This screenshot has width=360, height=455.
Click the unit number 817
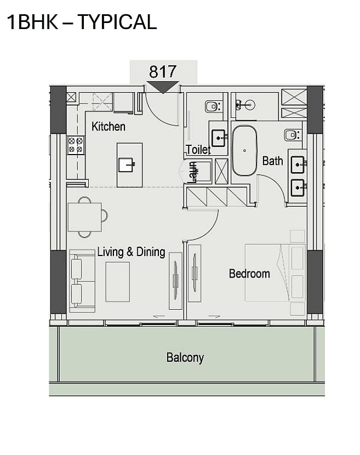click(163, 71)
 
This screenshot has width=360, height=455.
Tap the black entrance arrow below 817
click(163, 87)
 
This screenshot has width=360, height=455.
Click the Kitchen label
click(108, 127)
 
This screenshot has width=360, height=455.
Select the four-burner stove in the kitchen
click(76, 145)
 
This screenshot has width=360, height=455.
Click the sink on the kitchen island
click(127, 165)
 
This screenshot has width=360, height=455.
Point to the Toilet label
click(198, 150)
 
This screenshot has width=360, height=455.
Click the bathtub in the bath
click(244, 151)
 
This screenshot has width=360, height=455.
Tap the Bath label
click(272, 161)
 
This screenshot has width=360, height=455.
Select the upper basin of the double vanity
click(298, 165)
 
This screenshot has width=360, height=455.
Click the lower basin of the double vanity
click(298, 187)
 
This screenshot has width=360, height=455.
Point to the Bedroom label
click(249, 274)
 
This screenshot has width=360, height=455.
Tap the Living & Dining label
click(131, 252)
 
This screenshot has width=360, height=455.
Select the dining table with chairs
click(86, 217)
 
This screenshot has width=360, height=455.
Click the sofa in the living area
click(82, 281)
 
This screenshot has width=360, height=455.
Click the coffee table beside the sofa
click(117, 282)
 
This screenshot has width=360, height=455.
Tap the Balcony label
click(185, 357)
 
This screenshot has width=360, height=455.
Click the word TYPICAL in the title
click(117, 22)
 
